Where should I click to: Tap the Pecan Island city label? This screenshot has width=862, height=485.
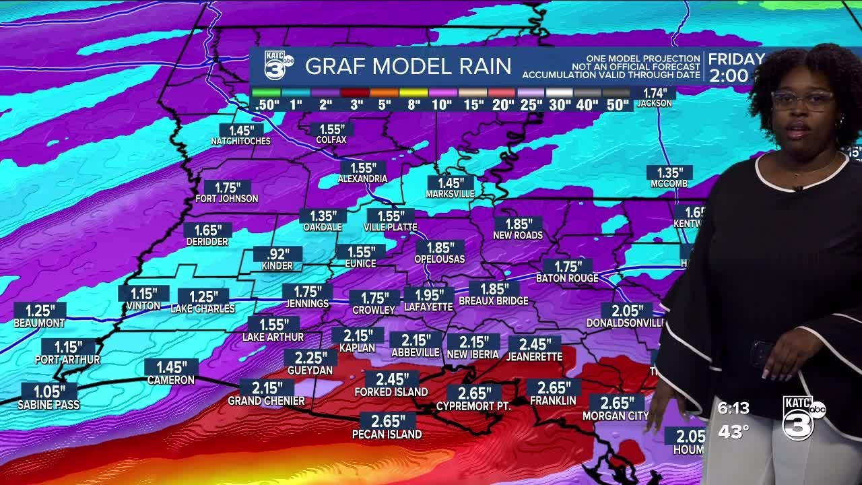387,434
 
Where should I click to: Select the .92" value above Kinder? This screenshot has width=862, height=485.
277,254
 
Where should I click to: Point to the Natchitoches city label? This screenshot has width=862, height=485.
240,141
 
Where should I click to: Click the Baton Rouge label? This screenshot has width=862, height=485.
567,278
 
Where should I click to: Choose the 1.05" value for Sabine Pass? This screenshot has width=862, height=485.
48,391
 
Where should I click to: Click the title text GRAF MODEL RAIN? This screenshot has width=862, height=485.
408,66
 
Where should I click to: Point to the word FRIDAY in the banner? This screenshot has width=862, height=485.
736,59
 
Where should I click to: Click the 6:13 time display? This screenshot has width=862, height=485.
733,408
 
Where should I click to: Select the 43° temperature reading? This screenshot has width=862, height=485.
733,432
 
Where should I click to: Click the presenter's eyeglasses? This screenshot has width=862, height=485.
802,101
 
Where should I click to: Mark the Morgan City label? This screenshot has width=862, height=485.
615,416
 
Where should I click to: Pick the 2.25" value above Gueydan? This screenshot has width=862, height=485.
310,358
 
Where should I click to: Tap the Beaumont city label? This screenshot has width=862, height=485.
39,323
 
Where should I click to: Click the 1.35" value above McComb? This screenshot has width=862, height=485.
669,172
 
